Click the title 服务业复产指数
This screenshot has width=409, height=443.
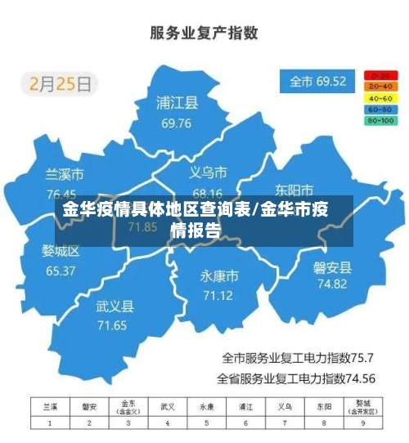point(204,33)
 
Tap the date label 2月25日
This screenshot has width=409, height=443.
point(61,83)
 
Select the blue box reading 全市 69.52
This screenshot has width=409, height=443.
point(318,82)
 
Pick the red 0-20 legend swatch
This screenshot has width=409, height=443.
point(380,74)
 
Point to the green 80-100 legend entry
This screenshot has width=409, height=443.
point(380,120)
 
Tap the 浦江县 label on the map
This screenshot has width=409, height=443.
point(178,104)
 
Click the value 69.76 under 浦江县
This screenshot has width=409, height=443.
point(177,123)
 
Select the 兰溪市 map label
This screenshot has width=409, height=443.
point(64,175)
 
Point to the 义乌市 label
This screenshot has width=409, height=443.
point(208,172)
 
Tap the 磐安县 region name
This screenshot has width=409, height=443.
point(332,267)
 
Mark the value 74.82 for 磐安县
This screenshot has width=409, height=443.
point(332,284)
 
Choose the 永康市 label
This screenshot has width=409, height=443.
point(219,275)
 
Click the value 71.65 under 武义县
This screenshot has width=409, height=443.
point(112,325)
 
